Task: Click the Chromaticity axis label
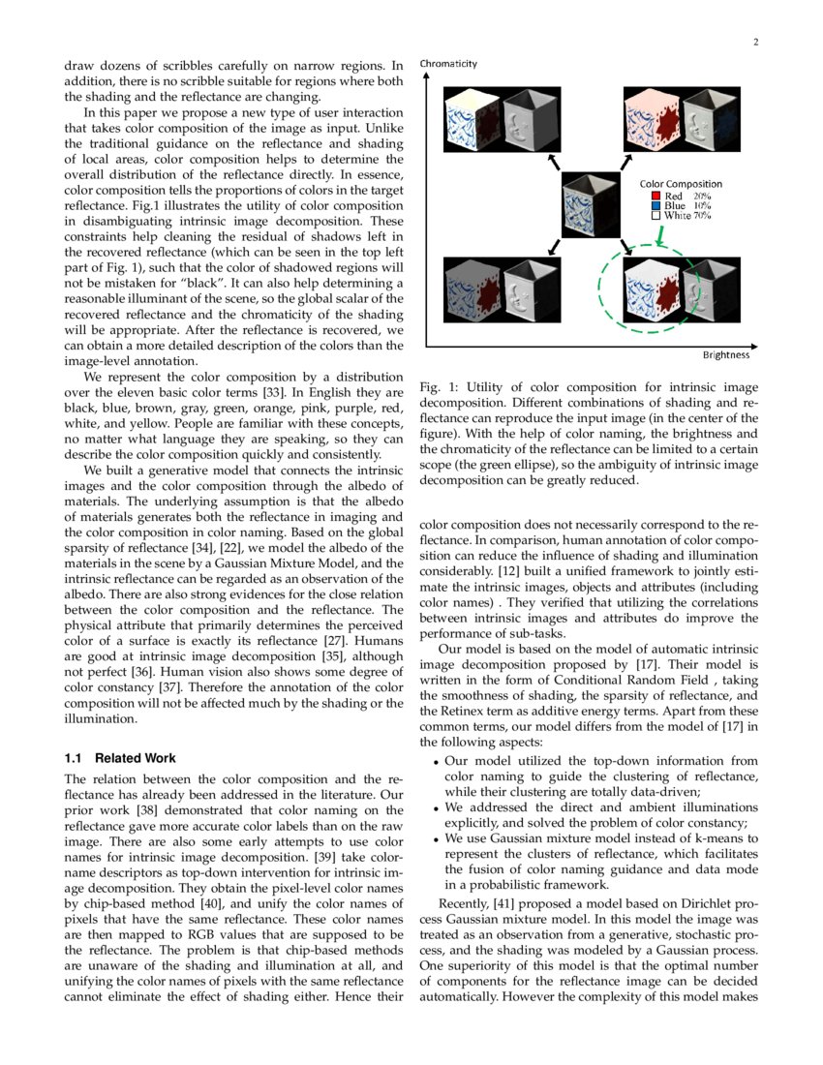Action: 448,64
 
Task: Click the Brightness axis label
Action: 726,355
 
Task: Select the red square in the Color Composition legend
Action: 655,196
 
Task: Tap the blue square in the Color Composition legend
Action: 655,205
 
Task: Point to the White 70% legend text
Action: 687,216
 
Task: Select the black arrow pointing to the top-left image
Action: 554,162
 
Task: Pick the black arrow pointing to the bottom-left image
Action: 555,248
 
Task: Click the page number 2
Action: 755,42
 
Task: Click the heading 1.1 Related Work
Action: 120,757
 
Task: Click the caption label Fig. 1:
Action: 437,387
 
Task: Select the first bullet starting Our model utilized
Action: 600,761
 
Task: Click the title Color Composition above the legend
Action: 681,184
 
